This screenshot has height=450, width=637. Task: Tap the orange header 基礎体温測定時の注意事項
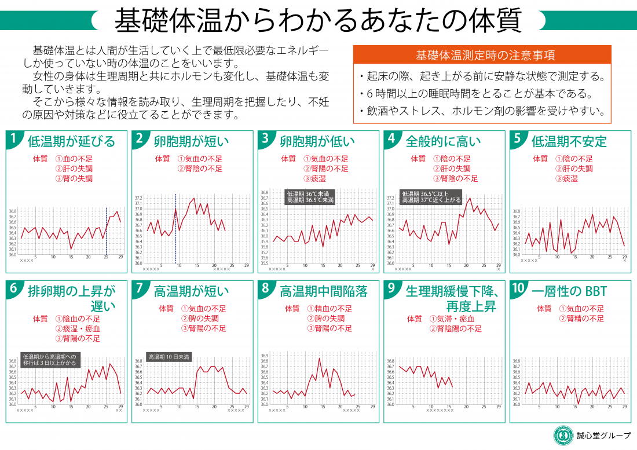[x=485, y=56]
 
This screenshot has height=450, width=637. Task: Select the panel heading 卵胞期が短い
[x=191, y=141]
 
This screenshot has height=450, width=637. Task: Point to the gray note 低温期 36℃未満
[x=310, y=194]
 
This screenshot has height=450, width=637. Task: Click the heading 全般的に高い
[x=443, y=141]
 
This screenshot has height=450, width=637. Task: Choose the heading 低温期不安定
[x=569, y=141]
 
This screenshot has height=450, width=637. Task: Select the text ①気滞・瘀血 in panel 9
[x=452, y=319]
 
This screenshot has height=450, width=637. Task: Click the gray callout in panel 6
[x=49, y=360]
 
